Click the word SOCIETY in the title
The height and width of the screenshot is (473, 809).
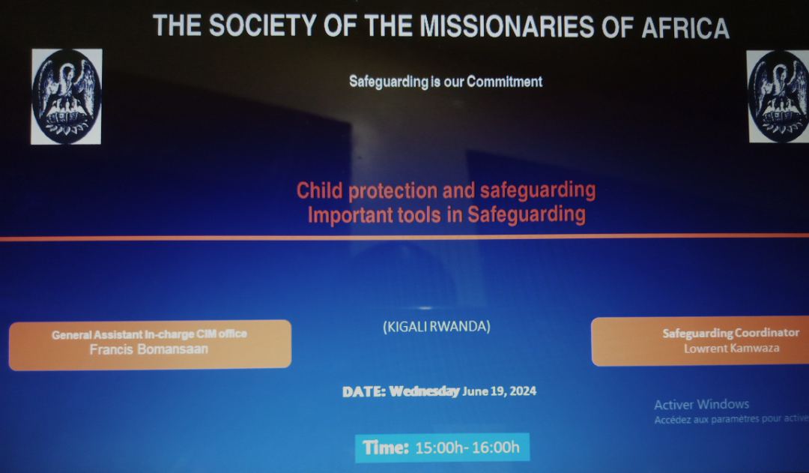(262, 25)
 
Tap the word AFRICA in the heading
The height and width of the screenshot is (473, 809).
(685, 28)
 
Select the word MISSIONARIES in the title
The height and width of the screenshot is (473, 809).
(506, 26)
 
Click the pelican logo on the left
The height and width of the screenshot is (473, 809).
(67, 97)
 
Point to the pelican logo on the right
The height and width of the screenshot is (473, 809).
(778, 97)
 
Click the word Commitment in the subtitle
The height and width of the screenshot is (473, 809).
(505, 82)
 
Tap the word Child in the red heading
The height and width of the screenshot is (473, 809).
(319, 190)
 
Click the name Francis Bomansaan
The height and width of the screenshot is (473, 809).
(148, 349)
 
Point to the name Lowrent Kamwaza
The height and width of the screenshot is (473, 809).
(732, 349)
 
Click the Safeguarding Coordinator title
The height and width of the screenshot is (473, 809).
(730, 333)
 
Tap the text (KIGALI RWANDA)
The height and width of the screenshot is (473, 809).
(437, 326)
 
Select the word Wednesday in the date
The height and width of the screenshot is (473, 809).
(424, 391)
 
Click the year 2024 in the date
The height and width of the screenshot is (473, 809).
(523, 391)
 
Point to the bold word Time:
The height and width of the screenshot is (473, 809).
(386, 448)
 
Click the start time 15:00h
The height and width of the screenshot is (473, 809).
(439, 448)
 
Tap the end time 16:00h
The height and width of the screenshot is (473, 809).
(495, 448)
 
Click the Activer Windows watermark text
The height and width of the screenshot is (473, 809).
(702, 404)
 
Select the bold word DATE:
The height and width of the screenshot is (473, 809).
(364, 392)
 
